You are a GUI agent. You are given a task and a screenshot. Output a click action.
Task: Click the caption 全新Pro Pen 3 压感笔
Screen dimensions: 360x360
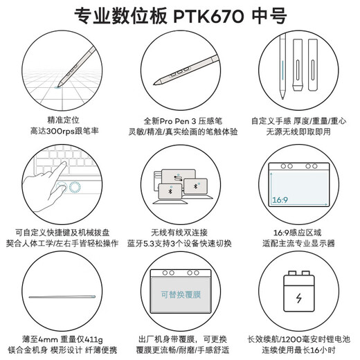[179, 119]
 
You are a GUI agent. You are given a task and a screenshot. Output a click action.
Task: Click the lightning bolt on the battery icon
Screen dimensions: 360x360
[299, 300]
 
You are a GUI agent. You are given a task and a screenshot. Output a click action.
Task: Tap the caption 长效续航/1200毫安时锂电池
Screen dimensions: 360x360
[299, 339]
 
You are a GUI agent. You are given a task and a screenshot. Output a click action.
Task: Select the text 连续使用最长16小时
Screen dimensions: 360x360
[299, 351]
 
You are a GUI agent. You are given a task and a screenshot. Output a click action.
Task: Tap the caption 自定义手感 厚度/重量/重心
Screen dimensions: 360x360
[299, 119]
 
